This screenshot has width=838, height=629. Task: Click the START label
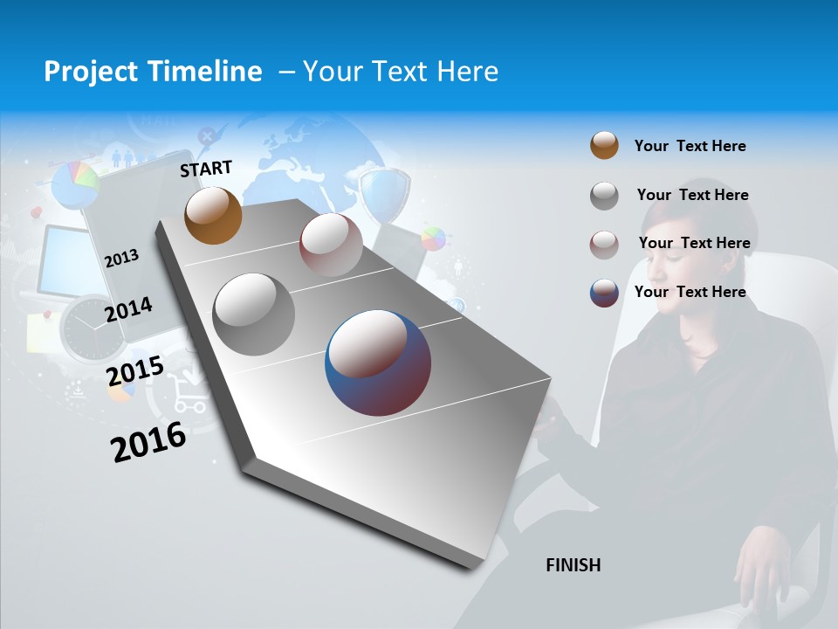[x=206, y=169]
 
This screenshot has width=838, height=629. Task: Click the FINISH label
[x=574, y=565]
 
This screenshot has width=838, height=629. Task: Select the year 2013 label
[x=122, y=258]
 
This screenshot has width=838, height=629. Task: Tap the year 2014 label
[x=128, y=309]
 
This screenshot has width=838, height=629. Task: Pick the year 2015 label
[x=135, y=371]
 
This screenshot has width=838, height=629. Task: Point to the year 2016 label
[x=148, y=441]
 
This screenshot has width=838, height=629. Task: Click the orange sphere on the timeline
[x=213, y=215]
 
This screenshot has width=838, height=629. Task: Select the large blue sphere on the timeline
[x=378, y=363]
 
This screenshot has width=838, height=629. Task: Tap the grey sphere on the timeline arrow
[x=254, y=314]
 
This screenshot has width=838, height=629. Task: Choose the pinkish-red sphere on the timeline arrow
[x=331, y=245]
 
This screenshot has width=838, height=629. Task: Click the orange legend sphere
[x=604, y=146]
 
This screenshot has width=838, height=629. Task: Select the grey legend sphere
[x=604, y=196]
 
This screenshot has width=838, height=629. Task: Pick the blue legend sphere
[x=604, y=293]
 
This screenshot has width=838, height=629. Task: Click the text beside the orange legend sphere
[x=690, y=146]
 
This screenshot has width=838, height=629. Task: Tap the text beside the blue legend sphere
[x=690, y=292]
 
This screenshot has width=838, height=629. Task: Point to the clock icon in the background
[x=93, y=328]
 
